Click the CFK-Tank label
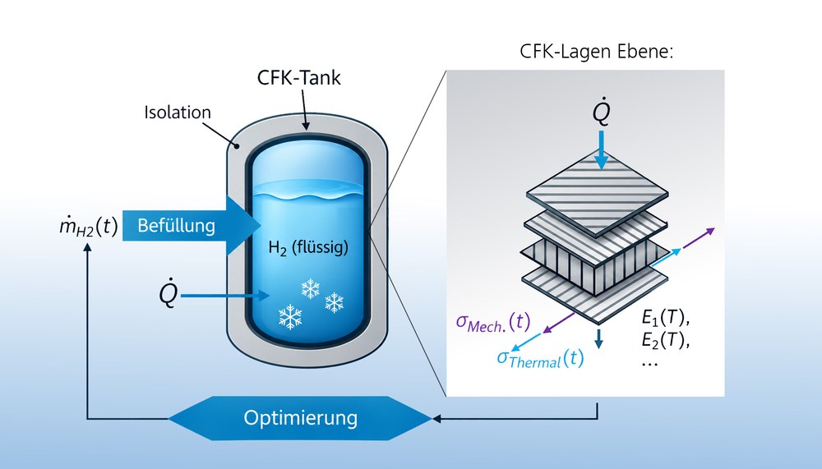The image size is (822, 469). [x=299, y=77]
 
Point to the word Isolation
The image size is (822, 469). [x=178, y=113]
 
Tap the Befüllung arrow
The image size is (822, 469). [x=192, y=226]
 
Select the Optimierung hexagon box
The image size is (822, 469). [x=300, y=418]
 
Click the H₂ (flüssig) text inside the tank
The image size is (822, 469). [x=308, y=246]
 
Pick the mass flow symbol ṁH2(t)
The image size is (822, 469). [x=89, y=228]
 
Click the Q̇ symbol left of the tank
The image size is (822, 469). [x=169, y=295]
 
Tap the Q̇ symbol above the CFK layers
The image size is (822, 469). [x=601, y=112]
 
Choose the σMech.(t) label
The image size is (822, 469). [x=492, y=322]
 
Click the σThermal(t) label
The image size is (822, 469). [x=540, y=358]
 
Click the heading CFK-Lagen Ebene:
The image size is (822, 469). [x=597, y=52]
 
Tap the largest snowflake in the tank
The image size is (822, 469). [x=290, y=317]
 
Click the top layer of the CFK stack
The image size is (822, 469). [x=598, y=194]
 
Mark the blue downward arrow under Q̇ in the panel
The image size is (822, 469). [x=602, y=149]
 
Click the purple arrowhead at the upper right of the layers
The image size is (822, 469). [x=709, y=231]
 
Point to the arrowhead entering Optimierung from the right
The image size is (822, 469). [x=436, y=419]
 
